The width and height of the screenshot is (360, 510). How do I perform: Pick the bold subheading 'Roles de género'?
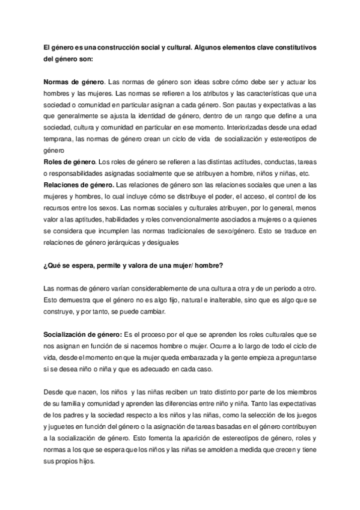point(69,162)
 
